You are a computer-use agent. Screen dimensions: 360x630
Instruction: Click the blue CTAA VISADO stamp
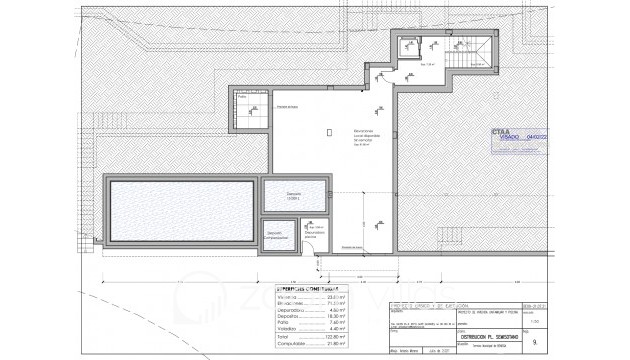pos(519,141)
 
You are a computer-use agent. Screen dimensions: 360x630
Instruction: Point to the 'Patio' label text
pos(244,96)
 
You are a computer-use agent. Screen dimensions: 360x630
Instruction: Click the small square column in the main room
pos(330,131)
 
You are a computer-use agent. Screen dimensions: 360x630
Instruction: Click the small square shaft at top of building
pos(408,46)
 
